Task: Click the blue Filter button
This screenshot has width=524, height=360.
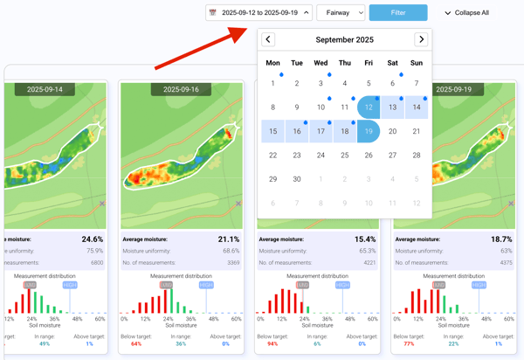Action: point(398,13)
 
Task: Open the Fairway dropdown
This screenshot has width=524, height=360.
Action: point(340,13)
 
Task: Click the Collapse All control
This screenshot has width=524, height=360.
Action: point(467,13)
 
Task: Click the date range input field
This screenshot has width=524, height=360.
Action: point(259,13)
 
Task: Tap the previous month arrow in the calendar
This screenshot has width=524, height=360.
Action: point(268,39)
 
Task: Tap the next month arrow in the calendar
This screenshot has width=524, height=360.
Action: point(421,39)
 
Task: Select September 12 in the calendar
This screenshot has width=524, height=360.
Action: point(369,107)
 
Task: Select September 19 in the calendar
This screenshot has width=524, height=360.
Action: point(369,131)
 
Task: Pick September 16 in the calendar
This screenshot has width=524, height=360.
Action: point(297,131)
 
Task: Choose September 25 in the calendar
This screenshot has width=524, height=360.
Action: point(345,156)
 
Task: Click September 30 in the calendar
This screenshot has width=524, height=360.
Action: point(297,179)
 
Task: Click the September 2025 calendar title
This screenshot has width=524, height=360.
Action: point(344,39)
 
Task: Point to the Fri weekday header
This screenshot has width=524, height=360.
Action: point(369,63)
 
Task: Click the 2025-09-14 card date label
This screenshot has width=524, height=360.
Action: point(51,89)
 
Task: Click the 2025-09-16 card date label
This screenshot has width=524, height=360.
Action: point(180,89)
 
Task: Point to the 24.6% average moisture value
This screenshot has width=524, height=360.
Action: point(92,239)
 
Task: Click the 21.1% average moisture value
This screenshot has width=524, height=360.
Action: point(228,239)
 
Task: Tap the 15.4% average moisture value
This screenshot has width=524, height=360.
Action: point(365,239)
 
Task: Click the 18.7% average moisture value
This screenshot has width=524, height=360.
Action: point(500,239)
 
